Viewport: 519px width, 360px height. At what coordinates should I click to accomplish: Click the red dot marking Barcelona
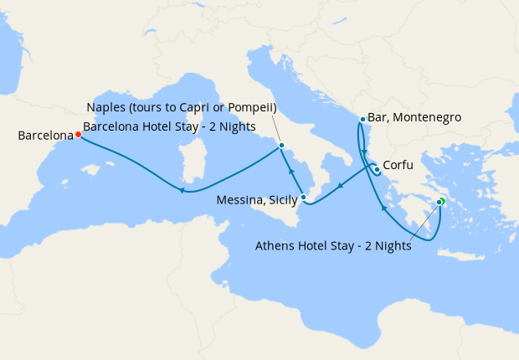[x=78, y=134]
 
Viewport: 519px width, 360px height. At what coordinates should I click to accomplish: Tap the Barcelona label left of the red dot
[x=45, y=134]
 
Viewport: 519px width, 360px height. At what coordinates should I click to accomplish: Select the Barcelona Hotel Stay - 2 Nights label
[x=169, y=126]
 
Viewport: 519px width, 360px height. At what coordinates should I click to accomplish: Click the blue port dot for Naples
[x=281, y=147]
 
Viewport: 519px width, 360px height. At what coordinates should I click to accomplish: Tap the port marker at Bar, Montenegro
[x=362, y=119]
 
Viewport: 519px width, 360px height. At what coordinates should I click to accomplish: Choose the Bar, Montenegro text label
[x=416, y=118]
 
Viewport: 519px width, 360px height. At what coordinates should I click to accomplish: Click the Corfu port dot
[x=377, y=170]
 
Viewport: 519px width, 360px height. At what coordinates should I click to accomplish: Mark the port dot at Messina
[x=304, y=198]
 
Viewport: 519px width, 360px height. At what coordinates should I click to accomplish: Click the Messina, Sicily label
[x=256, y=200]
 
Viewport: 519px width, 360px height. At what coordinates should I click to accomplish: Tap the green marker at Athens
[x=441, y=201]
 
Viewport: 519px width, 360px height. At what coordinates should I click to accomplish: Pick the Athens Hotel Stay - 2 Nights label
[x=334, y=245]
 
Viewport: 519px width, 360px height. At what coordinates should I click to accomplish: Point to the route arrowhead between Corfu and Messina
[x=339, y=186]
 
